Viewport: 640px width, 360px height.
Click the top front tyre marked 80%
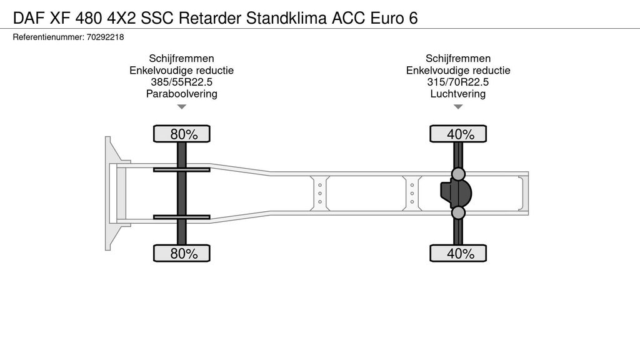point(182,134)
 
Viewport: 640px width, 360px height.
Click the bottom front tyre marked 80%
point(182,253)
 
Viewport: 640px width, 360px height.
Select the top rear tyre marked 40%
point(458,134)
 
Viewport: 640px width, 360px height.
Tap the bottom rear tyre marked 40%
point(458,253)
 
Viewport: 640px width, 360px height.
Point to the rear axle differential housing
point(456,194)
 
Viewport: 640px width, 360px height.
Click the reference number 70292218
point(105,37)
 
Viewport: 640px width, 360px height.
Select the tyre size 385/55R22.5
point(182,82)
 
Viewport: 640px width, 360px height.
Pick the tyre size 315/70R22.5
point(458,82)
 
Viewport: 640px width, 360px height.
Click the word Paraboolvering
point(182,94)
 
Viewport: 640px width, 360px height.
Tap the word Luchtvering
point(458,94)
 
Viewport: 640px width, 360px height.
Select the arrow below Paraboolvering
point(182,107)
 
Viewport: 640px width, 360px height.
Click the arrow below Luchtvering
point(458,107)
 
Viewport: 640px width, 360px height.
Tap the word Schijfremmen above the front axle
point(182,58)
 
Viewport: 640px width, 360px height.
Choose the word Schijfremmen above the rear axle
point(458,58)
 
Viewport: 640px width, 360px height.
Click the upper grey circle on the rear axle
point(458,174)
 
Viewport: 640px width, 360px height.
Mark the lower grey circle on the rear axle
point(458,212)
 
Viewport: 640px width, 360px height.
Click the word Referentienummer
point(49,37)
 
